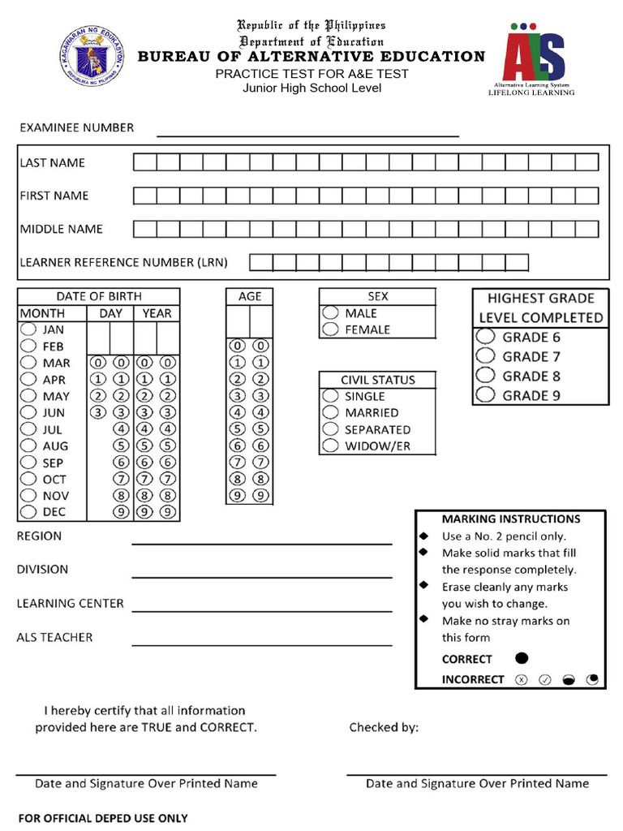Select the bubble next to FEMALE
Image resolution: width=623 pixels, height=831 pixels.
330,329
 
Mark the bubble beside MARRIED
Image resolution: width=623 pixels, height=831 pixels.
330,412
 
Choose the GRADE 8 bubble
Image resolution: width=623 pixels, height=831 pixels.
485,376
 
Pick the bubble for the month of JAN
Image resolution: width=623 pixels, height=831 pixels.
28,329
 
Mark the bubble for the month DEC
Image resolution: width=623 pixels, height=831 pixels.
28,512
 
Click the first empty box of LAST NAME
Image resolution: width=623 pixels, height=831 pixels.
144,162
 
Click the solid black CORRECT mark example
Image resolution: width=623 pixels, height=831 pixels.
522,658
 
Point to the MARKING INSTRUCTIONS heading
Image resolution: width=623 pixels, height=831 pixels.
510,519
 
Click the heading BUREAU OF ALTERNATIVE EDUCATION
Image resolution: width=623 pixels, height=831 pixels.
311,56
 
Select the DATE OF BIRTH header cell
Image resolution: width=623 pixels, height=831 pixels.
98,296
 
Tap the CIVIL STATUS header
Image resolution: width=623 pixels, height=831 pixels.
377,379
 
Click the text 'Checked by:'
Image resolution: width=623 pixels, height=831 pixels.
384,727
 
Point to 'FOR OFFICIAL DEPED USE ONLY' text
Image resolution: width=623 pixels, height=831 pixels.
103,818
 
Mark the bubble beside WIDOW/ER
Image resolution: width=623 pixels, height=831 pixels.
330,446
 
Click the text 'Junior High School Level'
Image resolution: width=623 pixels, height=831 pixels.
311,88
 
